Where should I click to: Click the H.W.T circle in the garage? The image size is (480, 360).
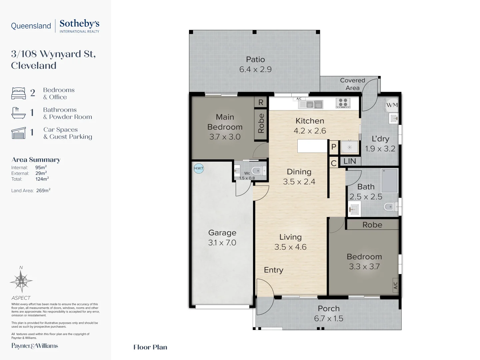tap(199, 169)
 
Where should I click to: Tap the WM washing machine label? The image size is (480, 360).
tap(392, 105)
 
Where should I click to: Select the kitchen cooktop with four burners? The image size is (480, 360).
tap(343, 103)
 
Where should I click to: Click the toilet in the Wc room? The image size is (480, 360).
tap(258, 171)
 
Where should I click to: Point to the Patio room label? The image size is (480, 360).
tap(255, 59)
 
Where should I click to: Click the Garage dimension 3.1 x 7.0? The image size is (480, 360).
tap(222, 243)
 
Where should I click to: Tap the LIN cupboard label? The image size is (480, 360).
tap(349, 161)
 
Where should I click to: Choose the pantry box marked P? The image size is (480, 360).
tap(334, 147)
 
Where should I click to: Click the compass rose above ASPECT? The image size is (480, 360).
tap(21, 281)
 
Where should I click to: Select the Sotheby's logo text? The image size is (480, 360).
tap(79, 24)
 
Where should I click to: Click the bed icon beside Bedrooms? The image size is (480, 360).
tap(18, 93)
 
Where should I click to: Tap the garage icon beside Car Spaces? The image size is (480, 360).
tap(18, 133)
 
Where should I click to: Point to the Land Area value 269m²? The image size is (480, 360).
tap(43, 190)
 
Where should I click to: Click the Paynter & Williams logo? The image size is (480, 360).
tap(35, 346)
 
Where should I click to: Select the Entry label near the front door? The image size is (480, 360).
tap(274, 270)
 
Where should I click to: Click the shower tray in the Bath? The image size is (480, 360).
tap(389, 181)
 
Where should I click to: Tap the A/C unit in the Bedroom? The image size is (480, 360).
tap(395, 285)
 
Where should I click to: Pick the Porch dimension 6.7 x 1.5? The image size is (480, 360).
tap(328, 318)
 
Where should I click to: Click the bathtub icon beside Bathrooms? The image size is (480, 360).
tap(18, 113)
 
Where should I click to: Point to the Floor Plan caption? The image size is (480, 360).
tap(150, 347)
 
